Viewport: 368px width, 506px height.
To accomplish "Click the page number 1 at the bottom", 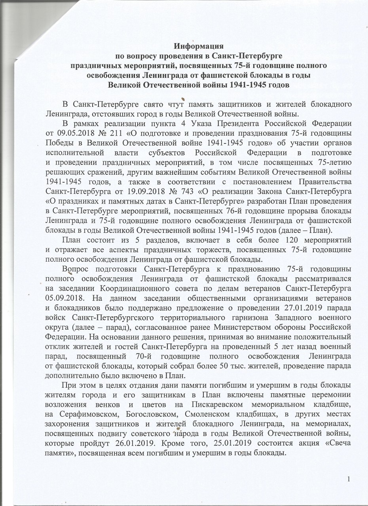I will (349, 480).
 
